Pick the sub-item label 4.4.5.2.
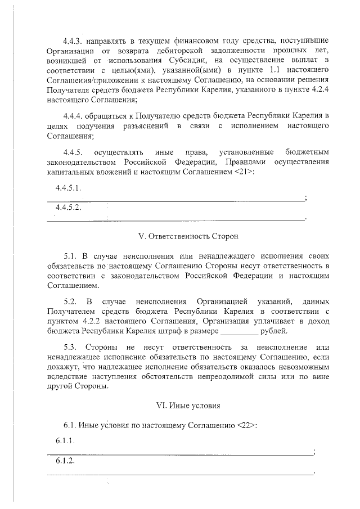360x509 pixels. click(69, 208)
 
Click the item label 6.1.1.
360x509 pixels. click(65, 443)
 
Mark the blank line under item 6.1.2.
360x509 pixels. click(180, 474)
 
